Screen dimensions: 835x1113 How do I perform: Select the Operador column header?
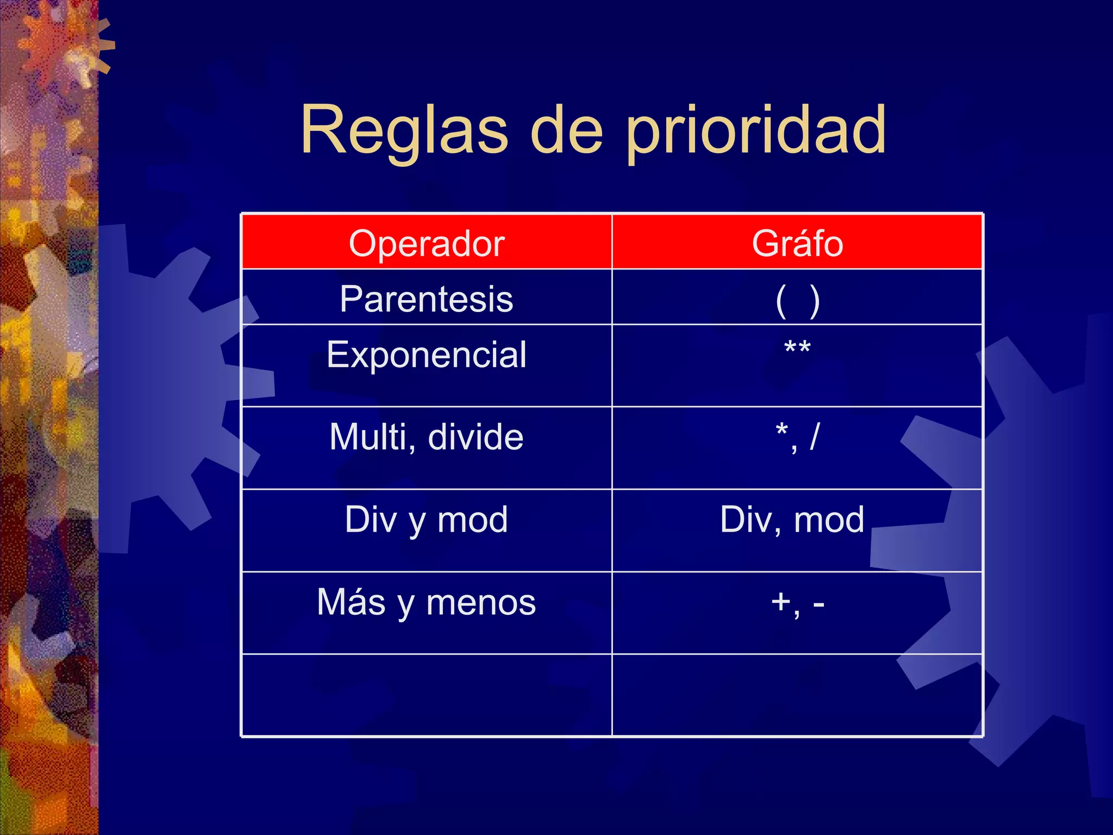(427, 243)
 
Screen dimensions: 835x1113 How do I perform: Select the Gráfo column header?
(797, 243)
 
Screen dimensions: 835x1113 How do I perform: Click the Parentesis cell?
(427, 299)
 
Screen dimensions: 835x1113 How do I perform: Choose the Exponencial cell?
(427, 355)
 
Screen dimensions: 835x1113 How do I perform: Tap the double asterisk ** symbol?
(797, 348)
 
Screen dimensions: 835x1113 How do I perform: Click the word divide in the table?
(476, 437)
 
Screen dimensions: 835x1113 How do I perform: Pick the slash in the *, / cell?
(814, 437)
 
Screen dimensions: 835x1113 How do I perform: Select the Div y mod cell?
(427, 519)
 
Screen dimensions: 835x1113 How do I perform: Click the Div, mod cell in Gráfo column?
(792, 519)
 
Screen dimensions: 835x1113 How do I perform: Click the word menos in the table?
(481, 602)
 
